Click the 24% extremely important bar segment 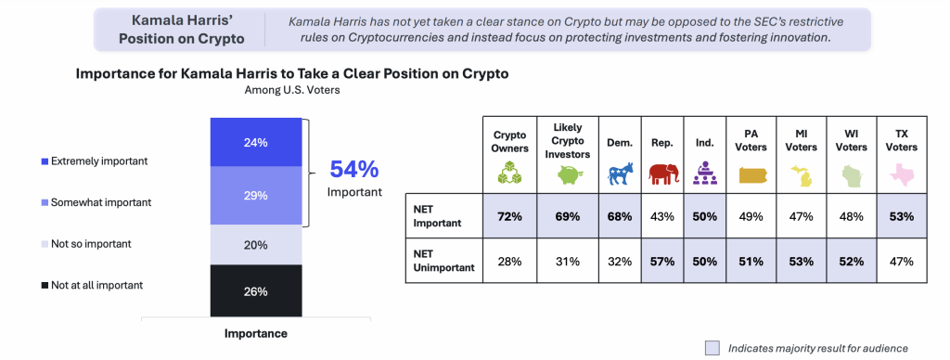[x=256, y=143]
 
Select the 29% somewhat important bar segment [x=256, y=196]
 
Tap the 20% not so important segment [x=256, y=245]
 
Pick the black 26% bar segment [x=256, y=291]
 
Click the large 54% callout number [x=354, y=170]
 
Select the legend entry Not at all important [x=92, y=285]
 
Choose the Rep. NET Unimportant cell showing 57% [x=662, y=262]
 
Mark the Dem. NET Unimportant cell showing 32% [x=620, y=262]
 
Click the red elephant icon [x=662, y=174]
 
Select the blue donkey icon [x=620, y=174]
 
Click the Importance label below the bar [x=256, y=333]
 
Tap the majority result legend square [x=712, y=348]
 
